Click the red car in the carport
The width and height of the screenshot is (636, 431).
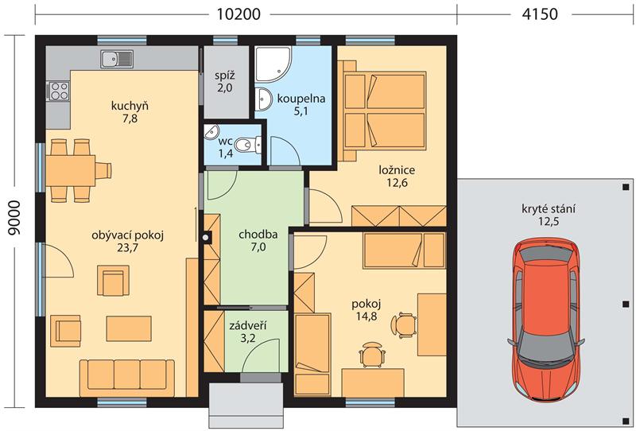546,320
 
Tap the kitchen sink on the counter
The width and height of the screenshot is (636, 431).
116,60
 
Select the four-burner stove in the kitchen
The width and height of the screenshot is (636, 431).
58,91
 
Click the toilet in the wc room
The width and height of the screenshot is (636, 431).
248,145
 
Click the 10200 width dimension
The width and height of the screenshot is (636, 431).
238,14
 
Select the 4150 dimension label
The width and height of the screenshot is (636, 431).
540,14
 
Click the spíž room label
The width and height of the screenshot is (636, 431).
225,76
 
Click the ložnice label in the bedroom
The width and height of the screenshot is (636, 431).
397,170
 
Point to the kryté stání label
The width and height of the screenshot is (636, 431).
549,209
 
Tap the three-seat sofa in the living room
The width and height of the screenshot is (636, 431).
127,378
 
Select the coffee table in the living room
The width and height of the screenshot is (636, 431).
129,328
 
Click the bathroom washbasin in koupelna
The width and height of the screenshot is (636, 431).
264,99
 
